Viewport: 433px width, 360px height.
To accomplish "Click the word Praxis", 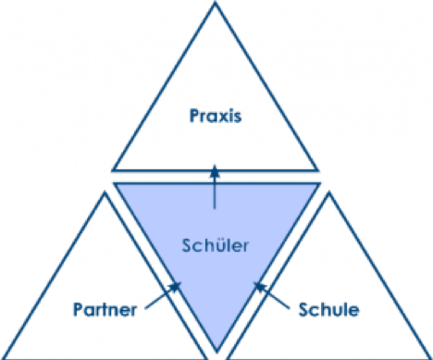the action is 216,116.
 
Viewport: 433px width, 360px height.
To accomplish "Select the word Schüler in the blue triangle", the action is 215,246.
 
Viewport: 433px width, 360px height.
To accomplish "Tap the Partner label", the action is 105,309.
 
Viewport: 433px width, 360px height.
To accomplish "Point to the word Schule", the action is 328,309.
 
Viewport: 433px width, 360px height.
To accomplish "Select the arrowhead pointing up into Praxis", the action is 215,171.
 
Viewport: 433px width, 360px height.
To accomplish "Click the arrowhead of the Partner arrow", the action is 175,286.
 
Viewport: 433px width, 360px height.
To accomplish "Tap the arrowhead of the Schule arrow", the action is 260,287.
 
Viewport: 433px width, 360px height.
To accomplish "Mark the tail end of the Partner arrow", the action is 146,308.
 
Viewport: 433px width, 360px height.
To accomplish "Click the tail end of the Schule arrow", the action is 289,308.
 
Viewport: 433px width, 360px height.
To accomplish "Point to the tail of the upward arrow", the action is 215,208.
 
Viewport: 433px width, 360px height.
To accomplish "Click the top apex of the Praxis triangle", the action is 216,3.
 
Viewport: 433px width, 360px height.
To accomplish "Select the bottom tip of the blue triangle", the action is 216,352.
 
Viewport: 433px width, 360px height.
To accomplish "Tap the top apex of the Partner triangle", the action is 105,192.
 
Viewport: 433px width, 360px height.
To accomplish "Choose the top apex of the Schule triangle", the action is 329,192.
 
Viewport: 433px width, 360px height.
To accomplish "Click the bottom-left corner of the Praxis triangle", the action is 113,170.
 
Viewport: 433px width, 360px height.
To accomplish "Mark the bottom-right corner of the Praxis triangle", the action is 317,170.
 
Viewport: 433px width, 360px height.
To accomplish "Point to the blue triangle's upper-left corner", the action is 114,183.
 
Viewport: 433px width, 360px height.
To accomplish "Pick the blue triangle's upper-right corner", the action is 319,183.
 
